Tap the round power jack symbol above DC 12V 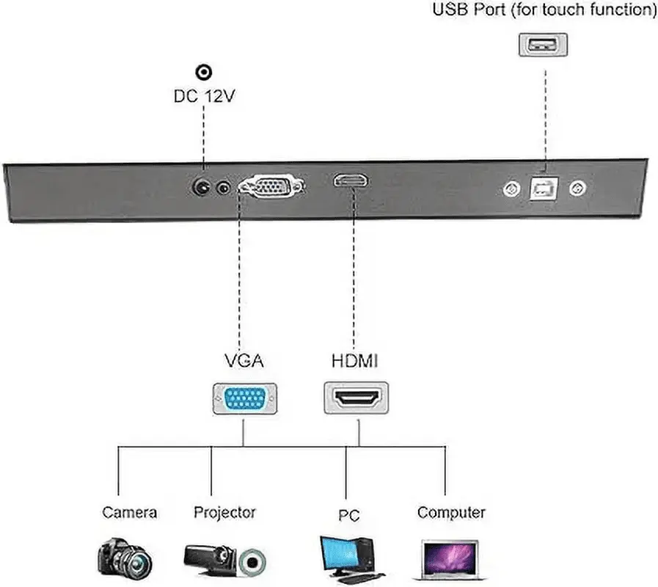pyautogui.click(x=204, y=72)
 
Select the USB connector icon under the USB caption pyautogui.click(x=544, y=44)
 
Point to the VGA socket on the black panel pyautogui.click(x=270, y=186)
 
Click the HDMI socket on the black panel pyautogui.click(x=352, y=181)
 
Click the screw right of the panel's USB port pyautogui.click(x=578, y=189)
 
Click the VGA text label pyautogui.click(x=244, y=361)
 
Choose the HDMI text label pyautogui.click(x=357, y=361)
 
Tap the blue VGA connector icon pyautogui.click(x=245, y=401)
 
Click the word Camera pyautogui.click(x=129, y=512)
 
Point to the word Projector pyautogui.click(x=224, y=512)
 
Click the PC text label pyautogui.click(x=349, y=515)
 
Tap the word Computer pyautogui.click(x=451, y=512)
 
